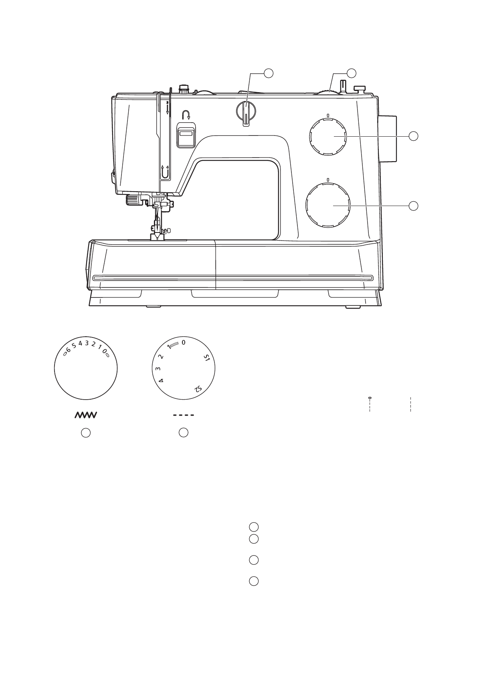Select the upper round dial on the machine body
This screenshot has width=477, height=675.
(328, 136)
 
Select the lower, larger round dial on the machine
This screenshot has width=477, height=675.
(328, 205)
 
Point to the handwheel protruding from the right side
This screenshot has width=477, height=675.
(388, 139)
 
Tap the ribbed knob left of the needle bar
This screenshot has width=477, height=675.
(133, 200)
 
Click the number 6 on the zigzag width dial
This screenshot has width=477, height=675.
(69, 350)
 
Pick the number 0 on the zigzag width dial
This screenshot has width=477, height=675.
(104, 352)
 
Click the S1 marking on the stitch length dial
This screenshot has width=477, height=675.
(206, 358)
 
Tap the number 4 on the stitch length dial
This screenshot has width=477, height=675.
(161, 380)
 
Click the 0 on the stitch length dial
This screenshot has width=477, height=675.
(184, 343)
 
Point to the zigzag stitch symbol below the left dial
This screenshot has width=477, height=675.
(86, 415)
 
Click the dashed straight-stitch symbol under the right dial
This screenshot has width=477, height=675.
(184, 415)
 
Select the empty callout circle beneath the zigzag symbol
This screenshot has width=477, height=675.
(86, 432)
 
